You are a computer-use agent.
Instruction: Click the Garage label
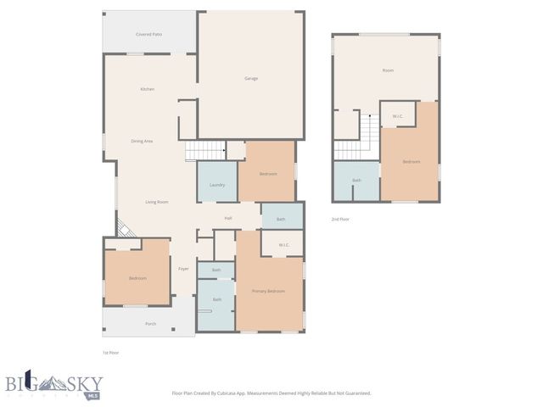coord(251,79)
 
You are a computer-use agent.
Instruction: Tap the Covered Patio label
coord(149,34)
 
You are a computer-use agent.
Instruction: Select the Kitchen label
coord(148,89)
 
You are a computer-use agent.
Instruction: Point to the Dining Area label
coord(142,141)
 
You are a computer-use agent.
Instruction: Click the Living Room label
coord(156,202)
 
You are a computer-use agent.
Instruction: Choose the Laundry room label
coord(216,185)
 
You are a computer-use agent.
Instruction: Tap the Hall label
coord(228,219)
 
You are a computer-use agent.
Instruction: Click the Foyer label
coord(183,269)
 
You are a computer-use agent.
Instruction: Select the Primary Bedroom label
coord(268,291)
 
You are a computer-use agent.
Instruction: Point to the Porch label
coord(150,324)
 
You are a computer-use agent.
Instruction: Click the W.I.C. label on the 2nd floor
coord(397,116)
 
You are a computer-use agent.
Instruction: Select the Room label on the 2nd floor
coord(388,70)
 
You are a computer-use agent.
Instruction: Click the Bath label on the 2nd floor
coord(356,180)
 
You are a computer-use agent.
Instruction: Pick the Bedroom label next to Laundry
coord(268,174)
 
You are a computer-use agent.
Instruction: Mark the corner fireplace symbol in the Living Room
coord(123,229)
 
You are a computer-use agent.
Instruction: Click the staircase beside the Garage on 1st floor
coord(204,151)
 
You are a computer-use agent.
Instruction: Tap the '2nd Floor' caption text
coord(340,219)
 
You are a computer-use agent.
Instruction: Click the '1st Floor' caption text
coord(110,352)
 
